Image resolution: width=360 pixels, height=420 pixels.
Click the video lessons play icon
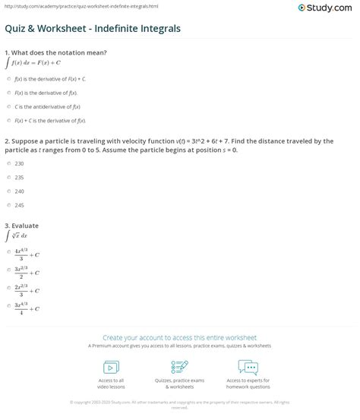click(x=112, y=366)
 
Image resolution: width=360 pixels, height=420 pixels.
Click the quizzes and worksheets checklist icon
click(x=179, y=367)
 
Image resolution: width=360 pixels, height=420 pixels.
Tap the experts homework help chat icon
click(x=248, y=367)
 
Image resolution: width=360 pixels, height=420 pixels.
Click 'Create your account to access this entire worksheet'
click(x=180, y=337)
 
